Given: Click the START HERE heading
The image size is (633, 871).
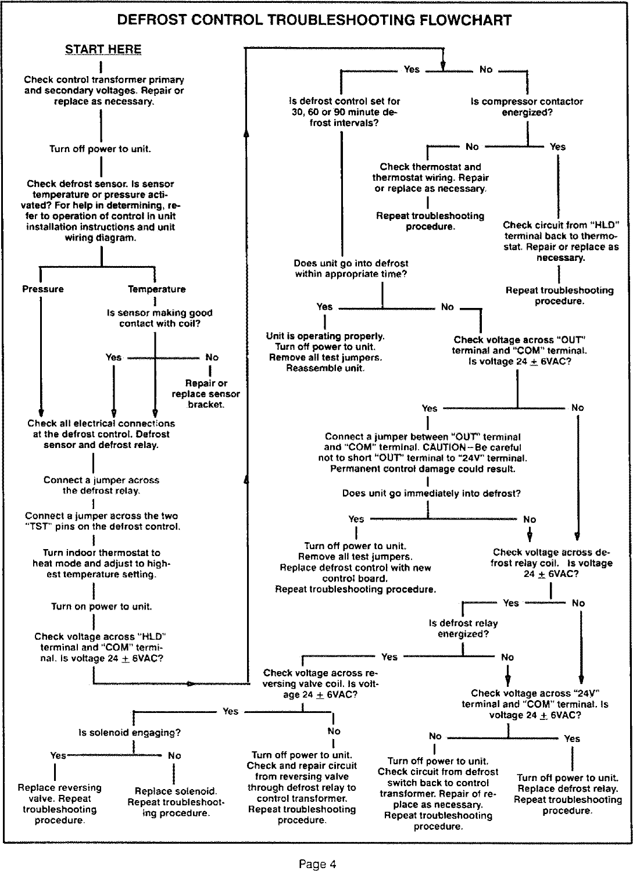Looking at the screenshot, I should point(103,49).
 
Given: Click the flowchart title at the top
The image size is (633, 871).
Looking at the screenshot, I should point(314,21).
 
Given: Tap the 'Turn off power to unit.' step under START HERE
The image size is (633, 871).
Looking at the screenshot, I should point(101,149).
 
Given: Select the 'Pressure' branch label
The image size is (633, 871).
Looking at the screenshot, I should point(43,289).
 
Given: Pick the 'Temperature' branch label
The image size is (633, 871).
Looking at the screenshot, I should point(157,289).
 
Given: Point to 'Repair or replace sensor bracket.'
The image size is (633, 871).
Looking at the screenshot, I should point(206,394).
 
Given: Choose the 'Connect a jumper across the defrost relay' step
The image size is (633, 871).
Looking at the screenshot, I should point(101,485).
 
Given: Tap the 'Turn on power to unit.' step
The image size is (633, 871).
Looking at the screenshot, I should point(102,607).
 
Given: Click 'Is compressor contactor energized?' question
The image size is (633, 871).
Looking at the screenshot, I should point(527,107).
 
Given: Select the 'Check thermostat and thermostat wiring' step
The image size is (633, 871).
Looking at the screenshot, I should point(430,178).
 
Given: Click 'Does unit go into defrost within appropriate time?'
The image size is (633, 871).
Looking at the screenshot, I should point(351,268).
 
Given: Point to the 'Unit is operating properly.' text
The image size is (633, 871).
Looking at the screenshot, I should point(326,336).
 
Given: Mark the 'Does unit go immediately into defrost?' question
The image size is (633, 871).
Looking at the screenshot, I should point(431,493).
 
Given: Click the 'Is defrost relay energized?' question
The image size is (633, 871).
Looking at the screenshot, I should point(463,628).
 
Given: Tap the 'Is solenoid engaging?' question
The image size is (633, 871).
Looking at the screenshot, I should point(130,733).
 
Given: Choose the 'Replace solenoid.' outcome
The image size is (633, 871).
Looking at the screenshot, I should point(176,791).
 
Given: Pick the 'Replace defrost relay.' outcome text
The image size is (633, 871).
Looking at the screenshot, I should point(567,788).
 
